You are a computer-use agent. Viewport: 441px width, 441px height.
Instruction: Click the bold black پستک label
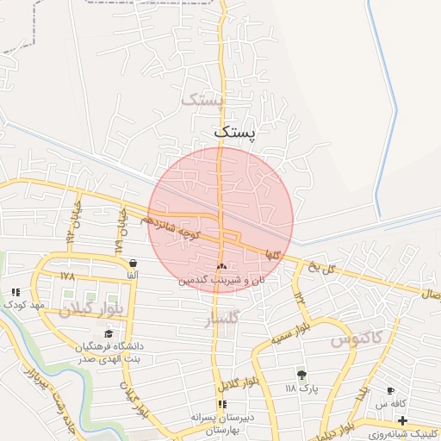pyautogui.click(x=233, y=132)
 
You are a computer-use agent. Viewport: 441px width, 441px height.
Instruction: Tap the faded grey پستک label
pyautogui.click(x=202, y=100)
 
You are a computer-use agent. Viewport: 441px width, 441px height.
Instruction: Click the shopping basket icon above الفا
pyautogui.click(x=132, y=263)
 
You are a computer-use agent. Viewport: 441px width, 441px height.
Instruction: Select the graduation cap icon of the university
pyautogui.click(x=109, y=333)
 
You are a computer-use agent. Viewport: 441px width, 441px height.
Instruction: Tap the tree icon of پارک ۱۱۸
pyautogui.click(x=301, y=375)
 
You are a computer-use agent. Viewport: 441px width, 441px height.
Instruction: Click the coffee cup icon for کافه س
pyautogui.click(x=390, y=390)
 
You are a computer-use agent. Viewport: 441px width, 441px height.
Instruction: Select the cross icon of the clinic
pyautogui.click(x=402, y=419)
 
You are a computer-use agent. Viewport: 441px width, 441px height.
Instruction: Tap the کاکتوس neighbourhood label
pyautogui.click(x=356, y=339)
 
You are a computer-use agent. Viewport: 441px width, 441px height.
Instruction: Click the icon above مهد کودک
pyautogui.click(x=16, y=293)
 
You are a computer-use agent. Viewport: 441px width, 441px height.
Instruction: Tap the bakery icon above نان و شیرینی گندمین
pyautogui.click(x=222, y=267)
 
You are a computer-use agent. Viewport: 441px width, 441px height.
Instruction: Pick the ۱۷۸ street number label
pyautogui.click(x=68, y=276)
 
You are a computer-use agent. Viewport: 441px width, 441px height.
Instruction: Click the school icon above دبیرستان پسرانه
pyautogui.click(x=222, y=403)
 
